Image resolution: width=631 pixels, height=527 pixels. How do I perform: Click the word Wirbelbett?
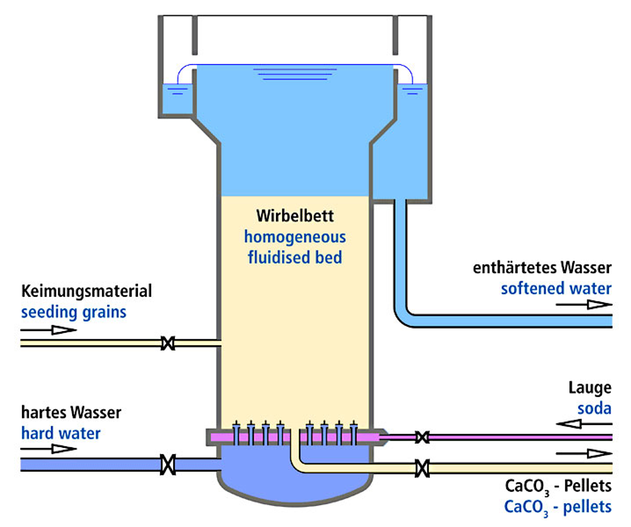[x=295, y=216]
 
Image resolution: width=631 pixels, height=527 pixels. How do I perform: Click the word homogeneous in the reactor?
[x=295, y=237]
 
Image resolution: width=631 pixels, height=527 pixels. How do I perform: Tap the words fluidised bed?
[x=295, y=257]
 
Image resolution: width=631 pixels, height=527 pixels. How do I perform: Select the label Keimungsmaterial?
[x=87, y=291]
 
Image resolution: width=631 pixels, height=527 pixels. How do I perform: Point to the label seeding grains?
[x=74, y=312]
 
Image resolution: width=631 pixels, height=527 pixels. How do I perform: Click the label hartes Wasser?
[x=71, y=412]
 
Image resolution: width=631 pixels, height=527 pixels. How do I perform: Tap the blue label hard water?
[x=61, y=433]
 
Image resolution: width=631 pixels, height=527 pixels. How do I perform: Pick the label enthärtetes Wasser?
[x=542, y=268]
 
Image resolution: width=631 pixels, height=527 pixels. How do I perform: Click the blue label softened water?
[x=556, y=288]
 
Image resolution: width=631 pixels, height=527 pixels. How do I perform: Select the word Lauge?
[x=590, y=388]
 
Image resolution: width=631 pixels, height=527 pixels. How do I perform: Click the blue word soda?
[x=594, y=408]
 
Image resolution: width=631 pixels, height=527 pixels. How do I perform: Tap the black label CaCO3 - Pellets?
[x=558, y=486]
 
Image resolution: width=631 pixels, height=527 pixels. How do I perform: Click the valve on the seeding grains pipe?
[x=168, y=343]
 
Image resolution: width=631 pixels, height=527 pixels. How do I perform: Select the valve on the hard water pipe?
[x=168, y=465]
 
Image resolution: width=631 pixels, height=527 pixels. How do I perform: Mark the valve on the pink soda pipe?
[x=422, y=437]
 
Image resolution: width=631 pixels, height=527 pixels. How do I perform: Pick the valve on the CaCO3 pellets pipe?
[x=422, y=468]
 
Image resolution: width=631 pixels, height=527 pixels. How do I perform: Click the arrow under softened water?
[x=584, y=305]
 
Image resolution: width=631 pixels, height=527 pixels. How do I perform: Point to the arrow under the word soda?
[x=584, y=424]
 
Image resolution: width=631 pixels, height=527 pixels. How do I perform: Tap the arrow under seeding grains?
[x=49, y=330]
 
